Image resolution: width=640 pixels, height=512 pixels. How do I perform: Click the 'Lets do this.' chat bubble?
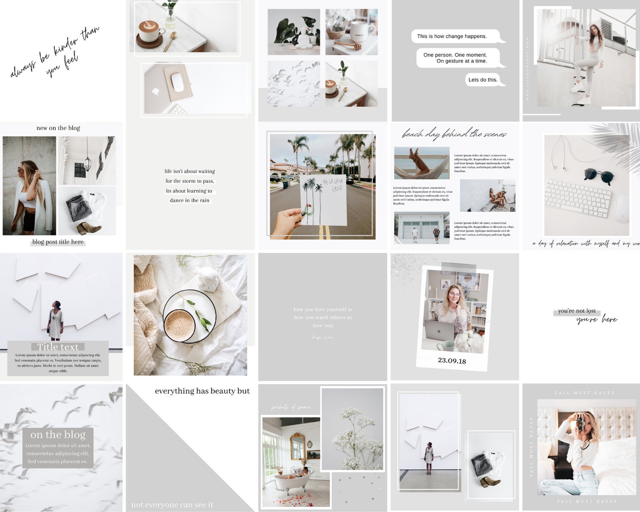pyautogui.click(x=483, y=80)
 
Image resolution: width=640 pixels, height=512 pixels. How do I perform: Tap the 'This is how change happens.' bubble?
pyautogui.click(x=452, y=36)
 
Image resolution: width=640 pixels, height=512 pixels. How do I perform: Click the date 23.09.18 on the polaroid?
pyautogui.click(x=452, y=360)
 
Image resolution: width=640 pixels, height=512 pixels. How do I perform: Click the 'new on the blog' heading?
pyautogui.click(x=58, y=128)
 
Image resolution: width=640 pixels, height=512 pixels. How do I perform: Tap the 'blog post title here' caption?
pyautogui.click(x=58, y=242)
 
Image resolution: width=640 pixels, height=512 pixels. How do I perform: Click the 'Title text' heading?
pyautogui.click(x=58, y=347)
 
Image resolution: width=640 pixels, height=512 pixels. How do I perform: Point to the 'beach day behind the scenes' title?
pyautogui.click(x=454, y=134)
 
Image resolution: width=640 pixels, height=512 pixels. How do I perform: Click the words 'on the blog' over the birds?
pyautogui.click(x=58, y=435)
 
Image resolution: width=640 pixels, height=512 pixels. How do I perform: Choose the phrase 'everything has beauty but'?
pyautogui.click(x=202, y=391)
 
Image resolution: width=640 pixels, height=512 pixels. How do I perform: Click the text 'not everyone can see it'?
pyautogui.click(x=172, y=505)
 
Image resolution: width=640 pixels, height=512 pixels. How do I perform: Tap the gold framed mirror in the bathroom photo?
pyautogui.click(x=297, y=446)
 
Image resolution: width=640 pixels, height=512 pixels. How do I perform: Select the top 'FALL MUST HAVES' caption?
pyautogui.click(x=585, y=393)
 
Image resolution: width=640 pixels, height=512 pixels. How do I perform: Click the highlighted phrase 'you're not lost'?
pyautogui.click(x=577, y=311)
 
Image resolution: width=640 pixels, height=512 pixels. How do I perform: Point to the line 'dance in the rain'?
pyautogui.click(x=189, y=200)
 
